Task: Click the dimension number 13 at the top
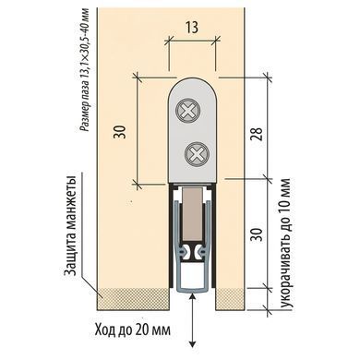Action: pos(191,28)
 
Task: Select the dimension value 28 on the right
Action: pos(258,134)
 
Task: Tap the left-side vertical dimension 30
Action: pos(120,132)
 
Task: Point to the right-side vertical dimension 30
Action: pos(258,234)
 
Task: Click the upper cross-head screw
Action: pos(188,110)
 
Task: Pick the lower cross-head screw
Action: pos(198,153)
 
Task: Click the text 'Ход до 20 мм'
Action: pos(133,330)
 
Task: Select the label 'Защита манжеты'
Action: pos(71,226)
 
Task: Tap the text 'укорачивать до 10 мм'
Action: pos(285,244)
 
